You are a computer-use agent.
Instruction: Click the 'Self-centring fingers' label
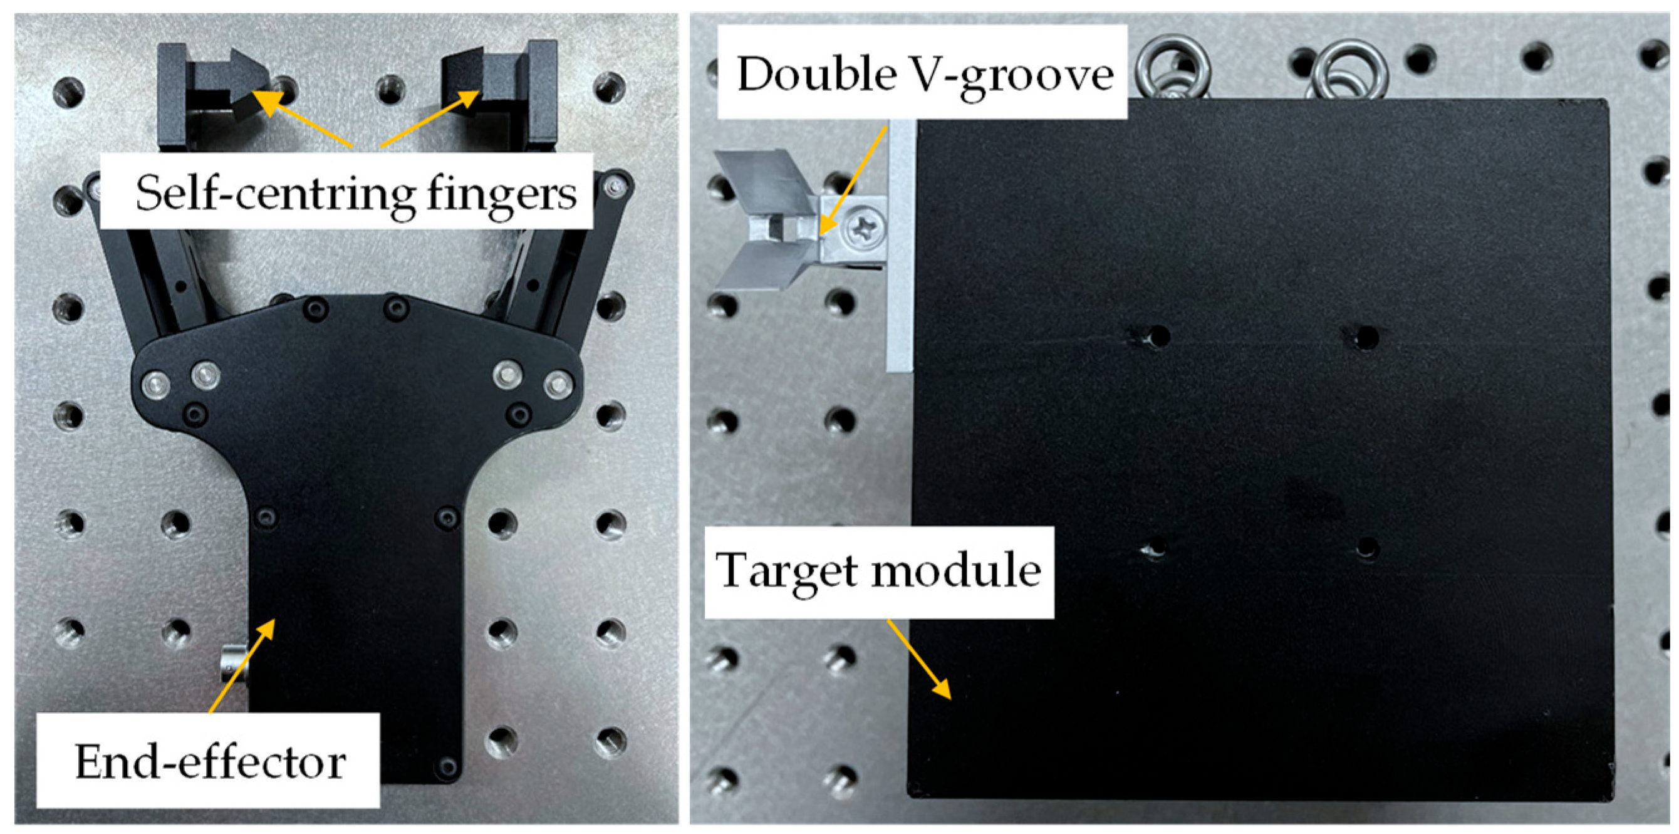(356, 193)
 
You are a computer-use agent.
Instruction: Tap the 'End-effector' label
(210, 761)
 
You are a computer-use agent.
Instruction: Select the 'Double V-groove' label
(924, 76)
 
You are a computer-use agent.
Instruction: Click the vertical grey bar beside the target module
(901, 245)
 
